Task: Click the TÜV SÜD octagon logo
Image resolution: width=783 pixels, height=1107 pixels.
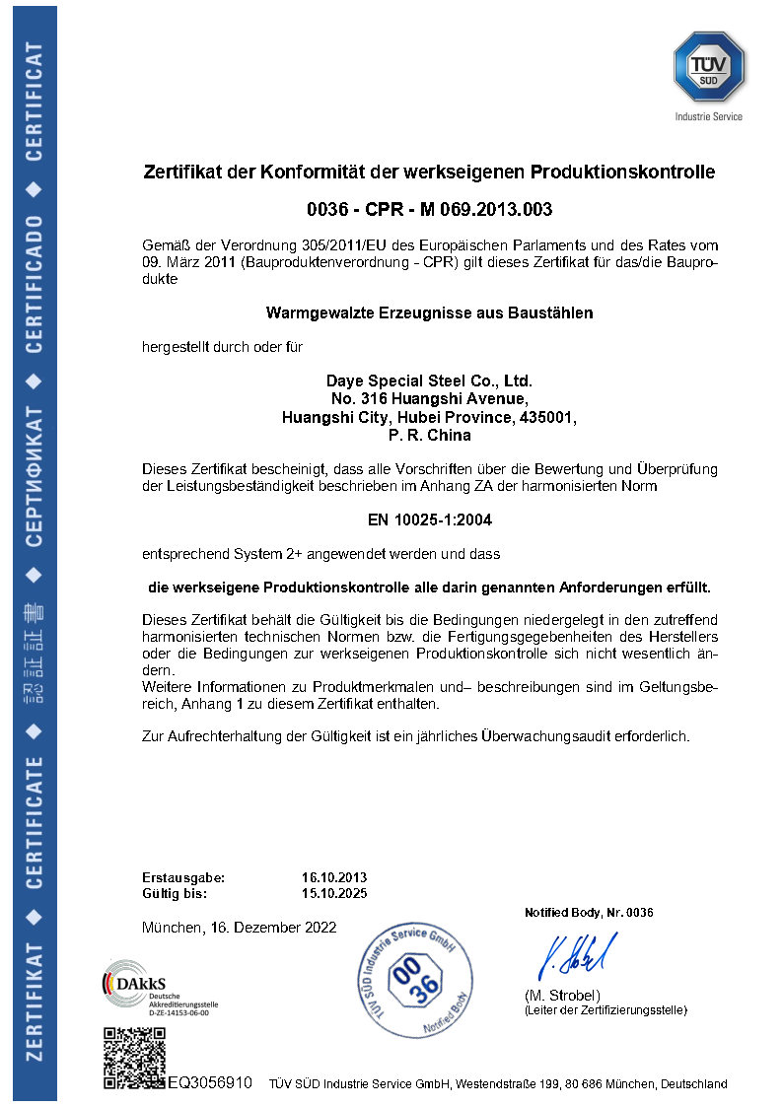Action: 708,65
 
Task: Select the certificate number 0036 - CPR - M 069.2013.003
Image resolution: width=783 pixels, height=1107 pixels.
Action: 430,209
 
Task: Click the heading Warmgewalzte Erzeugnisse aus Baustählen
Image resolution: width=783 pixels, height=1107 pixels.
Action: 430,313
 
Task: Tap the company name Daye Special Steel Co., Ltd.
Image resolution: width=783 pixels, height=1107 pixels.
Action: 429,381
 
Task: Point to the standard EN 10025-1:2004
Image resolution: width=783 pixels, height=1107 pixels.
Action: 430,519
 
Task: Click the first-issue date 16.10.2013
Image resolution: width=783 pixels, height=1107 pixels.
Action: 333,877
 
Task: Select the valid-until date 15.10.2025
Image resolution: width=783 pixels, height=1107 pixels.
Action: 333,894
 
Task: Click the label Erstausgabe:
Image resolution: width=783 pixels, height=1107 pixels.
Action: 183,877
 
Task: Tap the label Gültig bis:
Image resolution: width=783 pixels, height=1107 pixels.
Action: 175,894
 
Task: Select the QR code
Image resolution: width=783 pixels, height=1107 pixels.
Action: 134,1058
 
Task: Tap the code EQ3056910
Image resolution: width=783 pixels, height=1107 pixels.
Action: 210,1082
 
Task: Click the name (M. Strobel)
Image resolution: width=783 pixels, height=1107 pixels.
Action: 561,995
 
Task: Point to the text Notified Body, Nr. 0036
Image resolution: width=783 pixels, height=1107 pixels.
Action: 589,913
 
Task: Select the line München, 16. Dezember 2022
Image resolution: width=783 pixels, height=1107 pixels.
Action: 239,928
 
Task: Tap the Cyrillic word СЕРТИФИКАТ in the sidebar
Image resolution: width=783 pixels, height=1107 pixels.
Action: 35,477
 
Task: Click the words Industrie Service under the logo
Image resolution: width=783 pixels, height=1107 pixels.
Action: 708,116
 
